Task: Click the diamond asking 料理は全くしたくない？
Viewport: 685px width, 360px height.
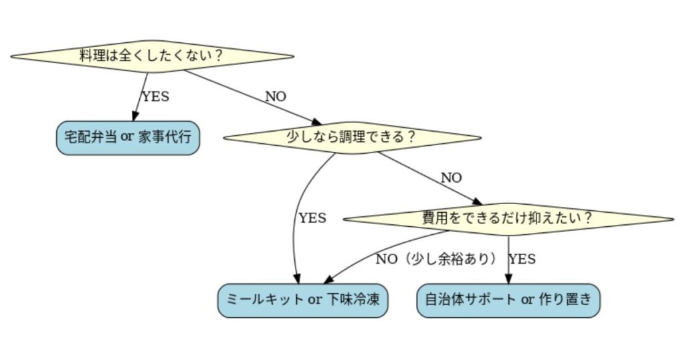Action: click(152, 56)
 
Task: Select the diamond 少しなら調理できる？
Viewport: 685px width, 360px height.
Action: click(352, 137)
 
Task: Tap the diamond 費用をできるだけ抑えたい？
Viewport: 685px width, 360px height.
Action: click(508, 219)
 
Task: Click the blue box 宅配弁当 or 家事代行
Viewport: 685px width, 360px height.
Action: click(128, 138)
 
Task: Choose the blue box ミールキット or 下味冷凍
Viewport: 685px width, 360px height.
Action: click(303, 300)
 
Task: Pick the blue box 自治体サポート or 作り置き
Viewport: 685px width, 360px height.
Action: click(508, 300)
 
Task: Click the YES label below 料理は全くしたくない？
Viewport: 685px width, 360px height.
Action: click(155, 97)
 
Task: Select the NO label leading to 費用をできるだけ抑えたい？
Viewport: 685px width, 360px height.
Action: click(452, 179)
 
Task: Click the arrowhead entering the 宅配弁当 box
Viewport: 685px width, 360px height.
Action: click(135, 116)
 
